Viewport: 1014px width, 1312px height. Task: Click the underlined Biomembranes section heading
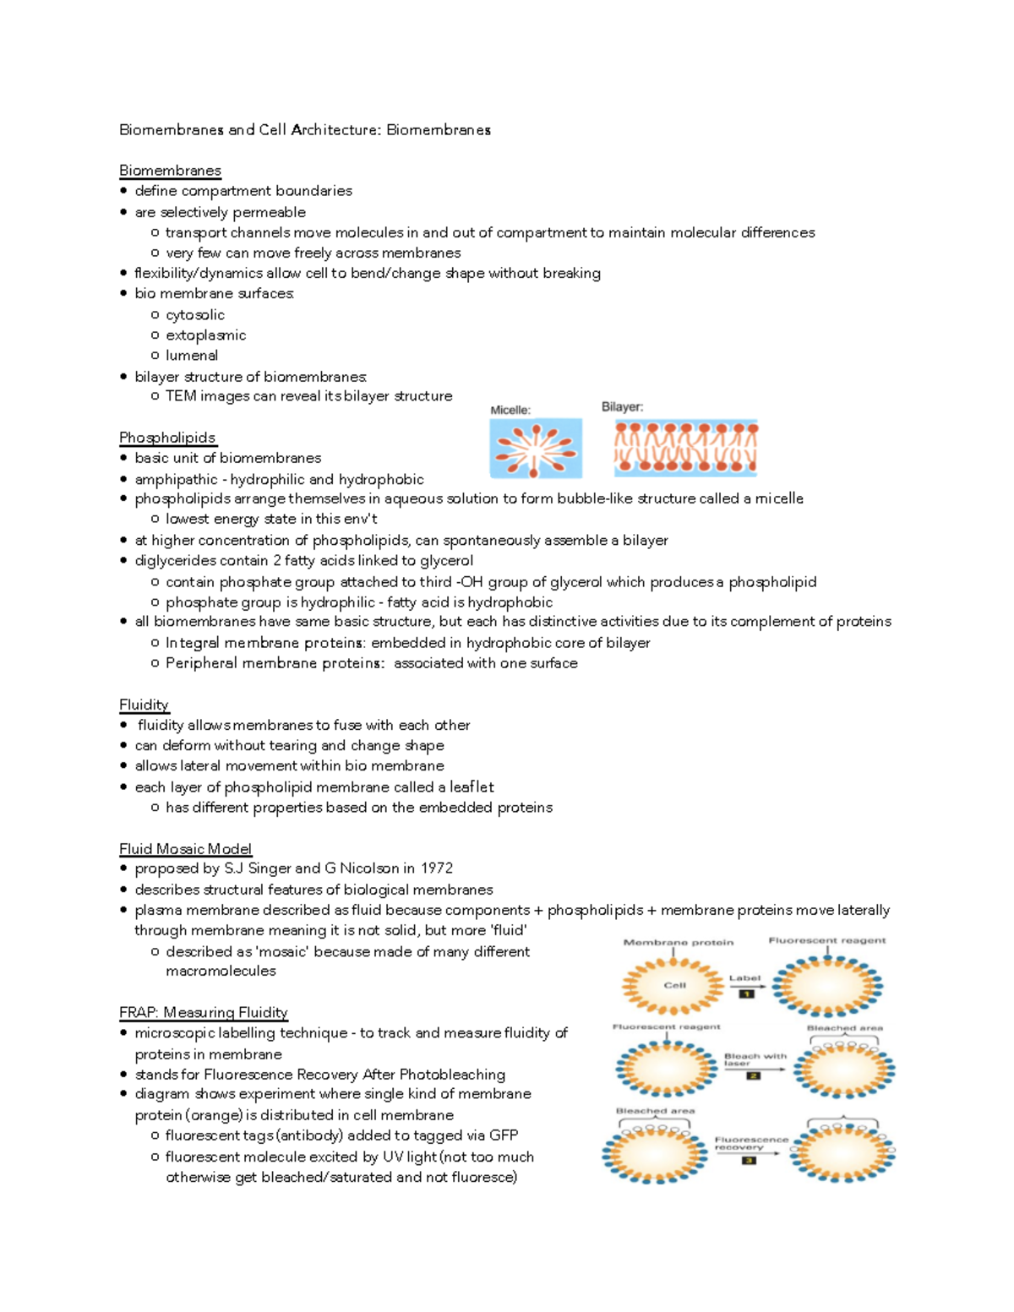pos(170,171)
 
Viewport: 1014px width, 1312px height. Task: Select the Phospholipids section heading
pos(167,438)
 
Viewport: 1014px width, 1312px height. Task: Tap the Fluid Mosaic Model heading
pos(185,849)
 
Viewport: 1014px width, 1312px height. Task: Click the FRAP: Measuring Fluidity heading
pos(203,1012)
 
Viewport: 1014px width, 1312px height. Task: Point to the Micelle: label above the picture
pos(510,410)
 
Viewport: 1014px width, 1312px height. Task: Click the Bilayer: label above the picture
pos(622,406)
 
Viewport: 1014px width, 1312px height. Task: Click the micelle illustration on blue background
pos(536,449)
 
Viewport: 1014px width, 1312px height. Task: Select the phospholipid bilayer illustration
pos(685,448)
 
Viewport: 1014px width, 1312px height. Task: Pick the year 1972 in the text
pos(436,868)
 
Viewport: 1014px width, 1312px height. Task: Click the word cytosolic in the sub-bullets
pos(195,315)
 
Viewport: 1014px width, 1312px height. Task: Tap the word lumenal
pos(192,356)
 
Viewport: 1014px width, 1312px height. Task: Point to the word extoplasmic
pos(205,335)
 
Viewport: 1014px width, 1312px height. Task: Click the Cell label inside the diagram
pos(674,985)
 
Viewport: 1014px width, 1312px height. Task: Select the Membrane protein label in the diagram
pos(678,942)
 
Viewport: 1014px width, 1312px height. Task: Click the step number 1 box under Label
pos(746,994)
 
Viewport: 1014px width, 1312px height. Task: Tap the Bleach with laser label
pos(755,1059)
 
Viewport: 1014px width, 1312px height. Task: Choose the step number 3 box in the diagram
pos(749,1160)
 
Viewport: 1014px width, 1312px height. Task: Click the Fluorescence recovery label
pos(750,1143)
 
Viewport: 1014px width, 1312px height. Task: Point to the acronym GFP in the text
pos(504,1135)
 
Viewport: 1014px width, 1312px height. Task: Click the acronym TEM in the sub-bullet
pos(180,396)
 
